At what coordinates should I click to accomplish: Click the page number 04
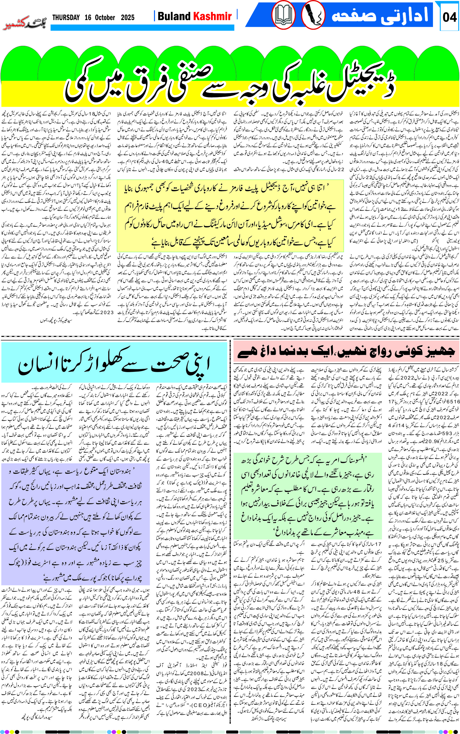(449, 17)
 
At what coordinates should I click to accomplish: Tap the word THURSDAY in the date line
(66, 18)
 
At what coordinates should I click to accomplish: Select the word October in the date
(105, 18)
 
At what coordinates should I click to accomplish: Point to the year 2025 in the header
(127, 18)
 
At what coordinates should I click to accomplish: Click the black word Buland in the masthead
(174, 16)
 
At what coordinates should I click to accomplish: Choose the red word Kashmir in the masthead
(213, 16)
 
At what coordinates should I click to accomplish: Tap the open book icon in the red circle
(283, 15)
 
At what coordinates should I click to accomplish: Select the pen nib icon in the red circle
(313, 15)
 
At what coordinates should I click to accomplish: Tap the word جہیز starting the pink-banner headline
(438, 352)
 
